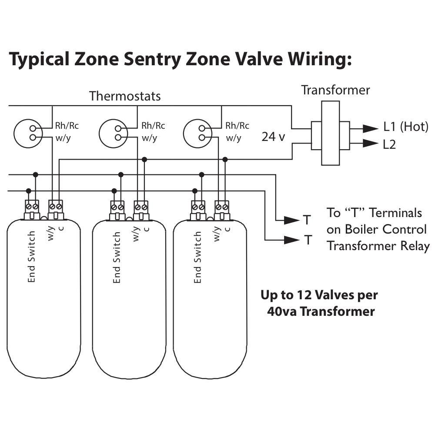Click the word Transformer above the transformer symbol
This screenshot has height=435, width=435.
coord(336,90)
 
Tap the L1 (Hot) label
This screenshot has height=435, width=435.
coord(406,127)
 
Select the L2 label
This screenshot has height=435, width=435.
coord(389,144)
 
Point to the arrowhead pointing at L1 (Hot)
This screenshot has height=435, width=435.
coord(370,128)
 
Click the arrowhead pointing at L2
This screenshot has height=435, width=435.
coord(370,144)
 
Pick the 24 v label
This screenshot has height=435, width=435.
coord(273,137)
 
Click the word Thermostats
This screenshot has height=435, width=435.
coord(125,96)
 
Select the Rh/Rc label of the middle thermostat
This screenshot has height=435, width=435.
coord(153,126)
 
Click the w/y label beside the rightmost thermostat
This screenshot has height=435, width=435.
coord(234,138)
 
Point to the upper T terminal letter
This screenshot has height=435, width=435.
coord(307,220)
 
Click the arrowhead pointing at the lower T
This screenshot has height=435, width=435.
coord(292,240)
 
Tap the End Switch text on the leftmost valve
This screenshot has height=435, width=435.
coord(32,257)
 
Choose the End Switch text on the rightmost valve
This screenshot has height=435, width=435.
coord(197,257)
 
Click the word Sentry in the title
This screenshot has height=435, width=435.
coord(152,60)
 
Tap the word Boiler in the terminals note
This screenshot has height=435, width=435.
coord(362,229)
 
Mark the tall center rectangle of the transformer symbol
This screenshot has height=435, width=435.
coord(331,133)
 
